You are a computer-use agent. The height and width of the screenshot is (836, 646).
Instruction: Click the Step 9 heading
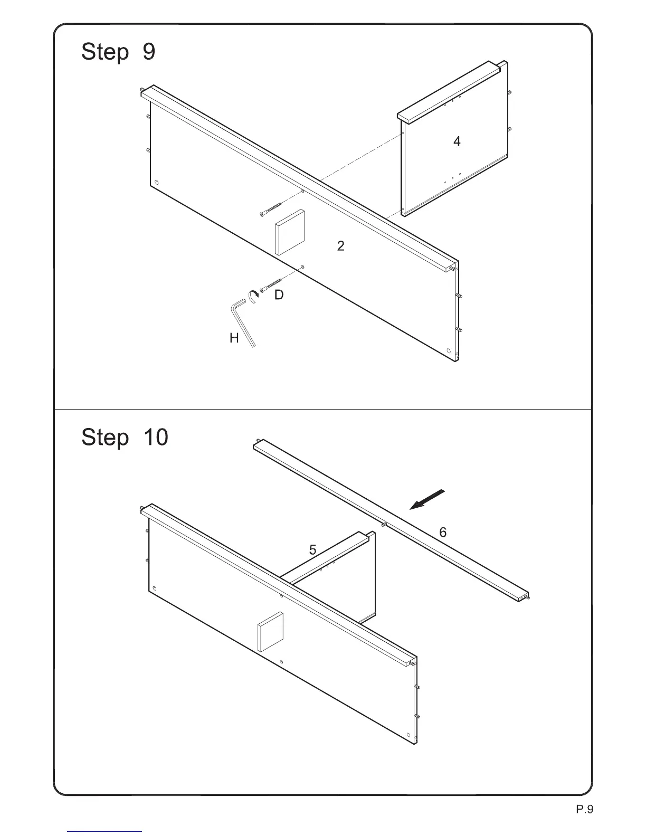click(118, 52)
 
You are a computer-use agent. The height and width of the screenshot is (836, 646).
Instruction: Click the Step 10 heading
click(125, 438)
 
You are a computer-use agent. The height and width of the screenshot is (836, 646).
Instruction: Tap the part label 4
click(457, 141)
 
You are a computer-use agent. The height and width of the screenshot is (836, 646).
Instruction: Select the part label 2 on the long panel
click(341, 246)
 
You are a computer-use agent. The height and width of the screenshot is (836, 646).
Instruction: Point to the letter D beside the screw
click(279, 295)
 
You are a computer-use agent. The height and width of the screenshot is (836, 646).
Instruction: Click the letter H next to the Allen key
click(234, 338)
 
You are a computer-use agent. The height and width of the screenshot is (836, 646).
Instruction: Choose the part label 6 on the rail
click(443, 533)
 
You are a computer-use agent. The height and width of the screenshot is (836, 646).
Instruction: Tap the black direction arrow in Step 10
click(427, 499)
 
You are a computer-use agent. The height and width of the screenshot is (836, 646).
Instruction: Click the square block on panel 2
click(290, 232)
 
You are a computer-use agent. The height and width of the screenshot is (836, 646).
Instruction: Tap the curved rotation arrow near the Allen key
click(253, 296)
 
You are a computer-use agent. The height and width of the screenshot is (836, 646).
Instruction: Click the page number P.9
click(584, 809)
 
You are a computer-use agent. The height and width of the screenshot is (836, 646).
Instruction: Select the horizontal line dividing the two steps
click(322, 409)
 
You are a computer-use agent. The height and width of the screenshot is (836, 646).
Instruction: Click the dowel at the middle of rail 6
click(384, 525)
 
